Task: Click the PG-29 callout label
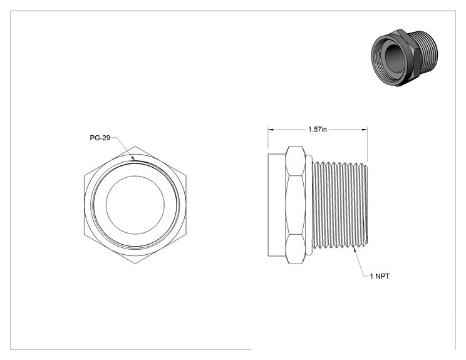coord(100,138)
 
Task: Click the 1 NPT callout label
coord(380,276)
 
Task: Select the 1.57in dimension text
coord(318,130)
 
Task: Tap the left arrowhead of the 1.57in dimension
coord(271,130)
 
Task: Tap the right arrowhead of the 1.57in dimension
coord(365,130)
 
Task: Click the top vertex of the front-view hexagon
coord(135,146)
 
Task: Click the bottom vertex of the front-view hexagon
coord(135,264)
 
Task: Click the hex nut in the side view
coord(296,205)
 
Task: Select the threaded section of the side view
coord(341,205)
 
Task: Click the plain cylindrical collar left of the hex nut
coord(277,205)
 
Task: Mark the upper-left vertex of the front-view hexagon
coord(84,175)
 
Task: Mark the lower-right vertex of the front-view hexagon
coord(187,235)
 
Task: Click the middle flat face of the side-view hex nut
coord(296,205)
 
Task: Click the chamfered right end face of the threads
coord(366,205)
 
